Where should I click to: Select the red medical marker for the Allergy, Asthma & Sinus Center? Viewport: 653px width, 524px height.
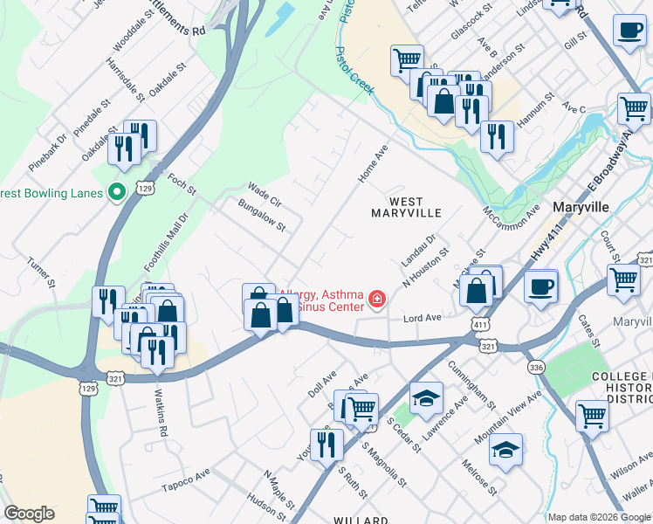pyautogui.click(x=377, y=300)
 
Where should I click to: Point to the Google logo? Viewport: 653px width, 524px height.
pyautogui.click(x=29, y=514)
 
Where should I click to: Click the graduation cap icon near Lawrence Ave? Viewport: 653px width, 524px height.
pyautogui.click(x=426, y=397)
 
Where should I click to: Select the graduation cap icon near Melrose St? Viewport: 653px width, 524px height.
pyautogui.click(x=505, y=450)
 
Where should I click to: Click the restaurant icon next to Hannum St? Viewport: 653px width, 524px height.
pyautogui.click(x=497, y=136)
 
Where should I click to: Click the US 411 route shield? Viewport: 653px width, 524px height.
pyautogui.click(x=481, y=324)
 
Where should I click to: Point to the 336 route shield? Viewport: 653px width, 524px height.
pyautogui.click(x=535, y=368)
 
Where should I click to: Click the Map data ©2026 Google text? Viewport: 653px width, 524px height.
pyautogui.click(x=598, y=516)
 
